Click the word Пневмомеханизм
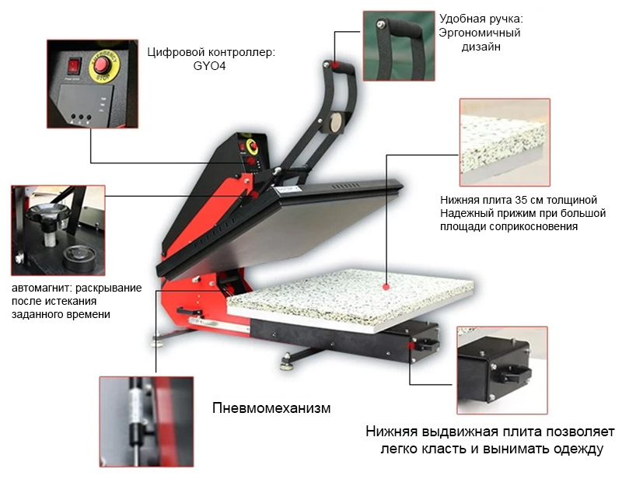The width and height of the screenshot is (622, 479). click(271, 408)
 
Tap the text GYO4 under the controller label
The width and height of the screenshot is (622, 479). click(209, 66)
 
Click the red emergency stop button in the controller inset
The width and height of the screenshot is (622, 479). click(103, 65)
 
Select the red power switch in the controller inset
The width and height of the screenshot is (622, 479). click(74, 66)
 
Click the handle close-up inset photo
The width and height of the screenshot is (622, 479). click(399, 46)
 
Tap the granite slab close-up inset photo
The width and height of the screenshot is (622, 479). click(505, 142)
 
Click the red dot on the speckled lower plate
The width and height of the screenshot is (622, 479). click(386, 286)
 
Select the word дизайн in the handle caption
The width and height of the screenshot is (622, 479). click(480, 47)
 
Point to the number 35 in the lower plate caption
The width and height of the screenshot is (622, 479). click(521, 200)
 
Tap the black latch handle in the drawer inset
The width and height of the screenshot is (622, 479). click(515, 373)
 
